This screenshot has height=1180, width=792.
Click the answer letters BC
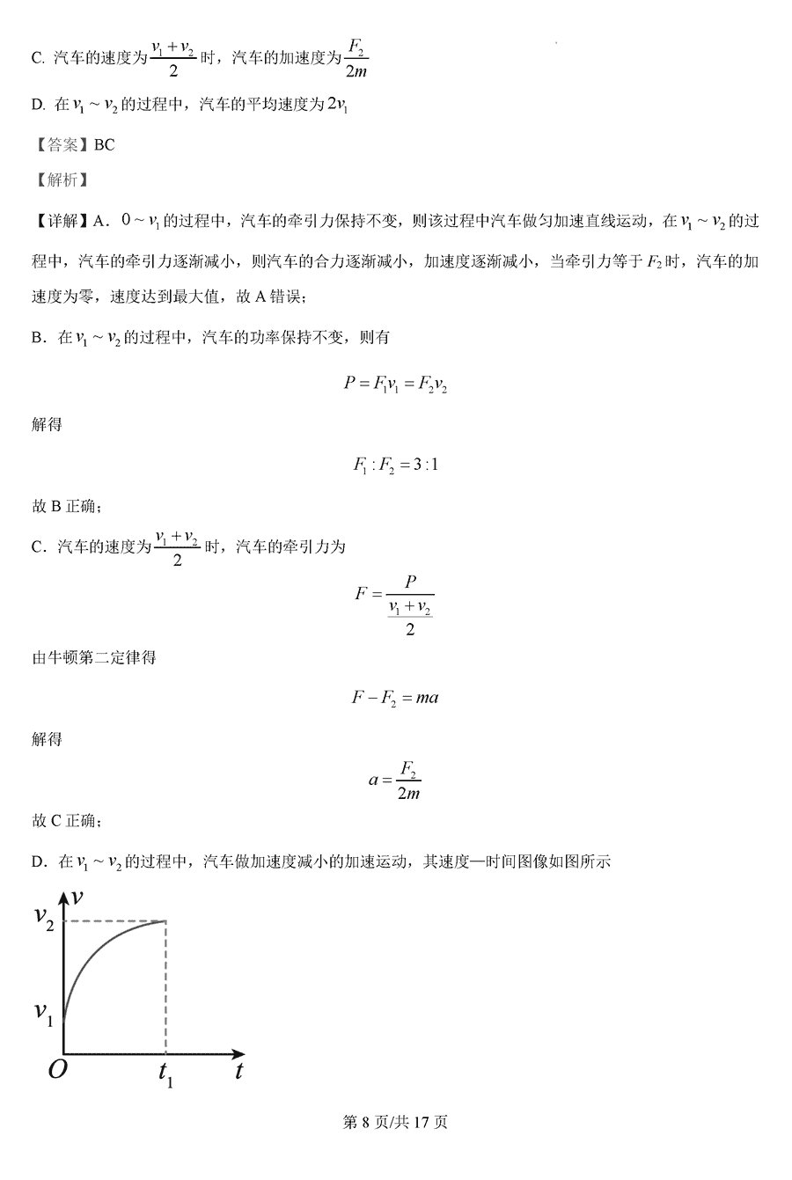104,145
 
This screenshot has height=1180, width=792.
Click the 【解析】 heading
60,180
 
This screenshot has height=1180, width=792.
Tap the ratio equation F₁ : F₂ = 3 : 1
395,465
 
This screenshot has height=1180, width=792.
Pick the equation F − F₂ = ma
395,698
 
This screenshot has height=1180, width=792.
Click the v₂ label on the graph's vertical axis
45,916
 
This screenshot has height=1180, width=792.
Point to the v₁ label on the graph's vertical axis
45,1012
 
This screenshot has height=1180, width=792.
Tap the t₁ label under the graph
165,1074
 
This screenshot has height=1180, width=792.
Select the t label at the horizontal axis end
238,1072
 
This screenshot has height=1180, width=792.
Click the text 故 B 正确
67,506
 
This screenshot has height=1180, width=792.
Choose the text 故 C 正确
67,821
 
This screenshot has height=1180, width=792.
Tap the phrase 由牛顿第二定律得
94,657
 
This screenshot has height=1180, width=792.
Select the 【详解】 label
60,222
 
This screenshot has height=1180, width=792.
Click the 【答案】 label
60,145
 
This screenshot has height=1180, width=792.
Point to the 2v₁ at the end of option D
337,105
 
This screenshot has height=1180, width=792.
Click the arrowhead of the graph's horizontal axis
238,1053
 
